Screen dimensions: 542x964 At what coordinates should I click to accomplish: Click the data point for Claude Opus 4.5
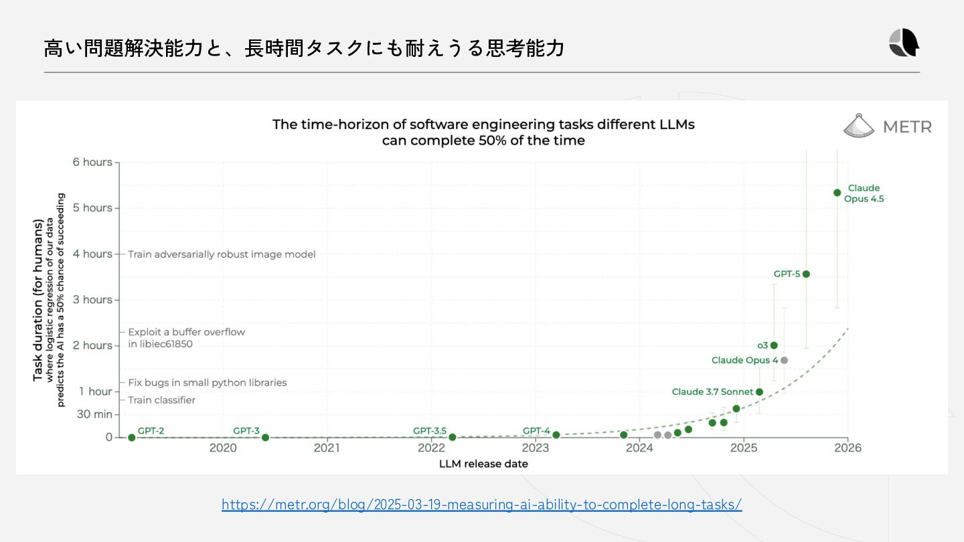[x=837, y=193]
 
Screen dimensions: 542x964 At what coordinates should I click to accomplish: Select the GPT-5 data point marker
[x=806, y=274]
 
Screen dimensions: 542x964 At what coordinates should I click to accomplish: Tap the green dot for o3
[x=774, y=345]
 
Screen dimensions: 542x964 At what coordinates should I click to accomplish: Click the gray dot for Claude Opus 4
[x=784, y=360]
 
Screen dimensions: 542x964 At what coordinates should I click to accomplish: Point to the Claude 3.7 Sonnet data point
[x=759, y=392]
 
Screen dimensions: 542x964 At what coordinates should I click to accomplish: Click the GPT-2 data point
[x=132, y=438]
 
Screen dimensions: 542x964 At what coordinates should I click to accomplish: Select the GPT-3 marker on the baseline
[x=265, y=438]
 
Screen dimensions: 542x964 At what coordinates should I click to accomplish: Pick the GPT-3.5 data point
[x=452, y=437]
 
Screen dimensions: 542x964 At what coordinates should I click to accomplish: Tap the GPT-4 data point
[x=556, y=435]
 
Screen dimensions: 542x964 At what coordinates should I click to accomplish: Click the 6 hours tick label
[x=92, y=162]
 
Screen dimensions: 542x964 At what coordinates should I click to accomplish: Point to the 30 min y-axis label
[x=94, y=414]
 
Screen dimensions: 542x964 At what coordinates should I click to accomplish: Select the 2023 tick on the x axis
[x=535, y=448]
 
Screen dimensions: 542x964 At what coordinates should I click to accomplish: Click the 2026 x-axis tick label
[x=847, y=448]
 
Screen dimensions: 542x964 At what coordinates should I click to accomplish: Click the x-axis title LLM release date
[x=483, y=464]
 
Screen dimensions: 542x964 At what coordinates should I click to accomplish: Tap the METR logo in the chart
[x=887, y=126]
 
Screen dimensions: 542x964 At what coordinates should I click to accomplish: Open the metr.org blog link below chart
[x=481, y=505]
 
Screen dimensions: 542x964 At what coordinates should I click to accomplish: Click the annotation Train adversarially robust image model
[x=222, y=254]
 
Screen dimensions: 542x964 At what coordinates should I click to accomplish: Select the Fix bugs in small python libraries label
[x=207, y=383]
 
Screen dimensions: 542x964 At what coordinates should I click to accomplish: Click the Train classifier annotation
[x=161, y=400]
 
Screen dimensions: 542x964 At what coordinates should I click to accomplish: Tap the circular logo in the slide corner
[x=904, y=43]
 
